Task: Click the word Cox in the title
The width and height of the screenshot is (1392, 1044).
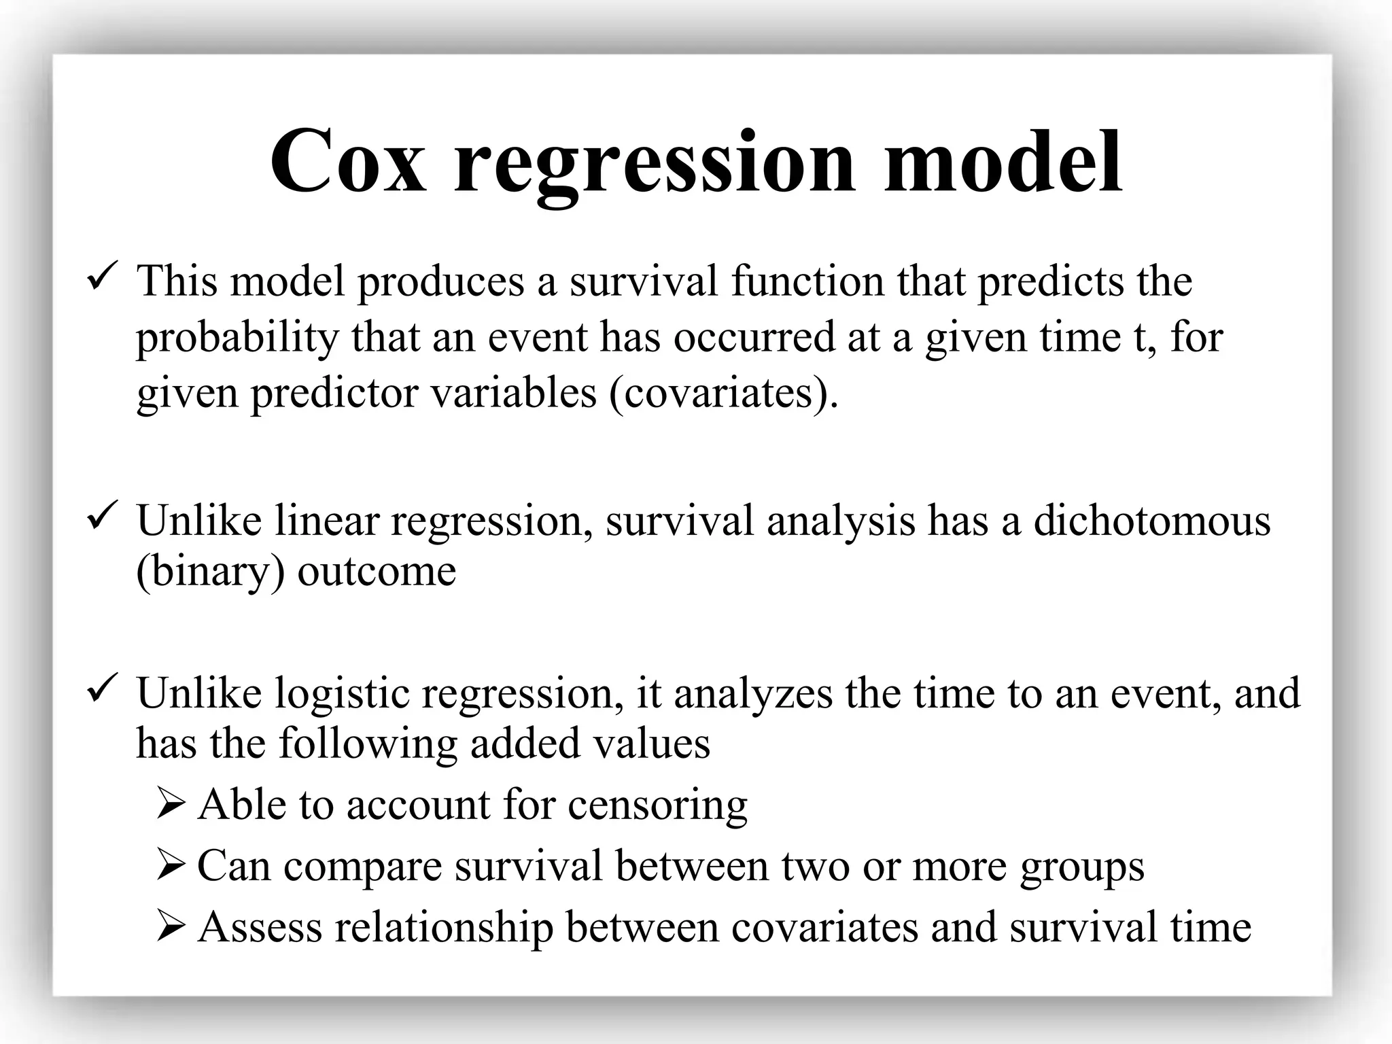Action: (349, 162)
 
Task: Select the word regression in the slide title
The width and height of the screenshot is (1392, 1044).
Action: (654, 167)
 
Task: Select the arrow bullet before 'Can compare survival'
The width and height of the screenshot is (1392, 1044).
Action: (171, 865)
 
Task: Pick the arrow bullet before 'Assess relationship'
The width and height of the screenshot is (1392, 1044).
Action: (171, 926)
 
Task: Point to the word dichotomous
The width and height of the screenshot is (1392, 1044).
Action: (1151, 521)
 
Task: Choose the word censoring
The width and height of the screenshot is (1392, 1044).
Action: (657, 806)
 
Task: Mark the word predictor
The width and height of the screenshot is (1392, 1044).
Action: (334, 394)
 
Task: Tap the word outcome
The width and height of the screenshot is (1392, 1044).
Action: (377, 572)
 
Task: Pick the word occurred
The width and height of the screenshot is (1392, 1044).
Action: (754, 338)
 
